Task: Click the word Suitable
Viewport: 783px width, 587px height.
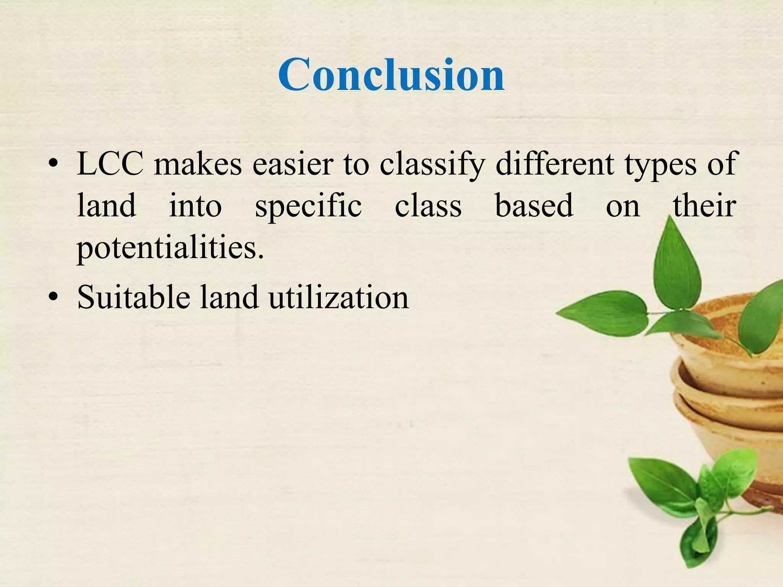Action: (x=133, y=297)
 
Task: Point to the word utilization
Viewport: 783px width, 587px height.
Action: (x=338, y=297)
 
